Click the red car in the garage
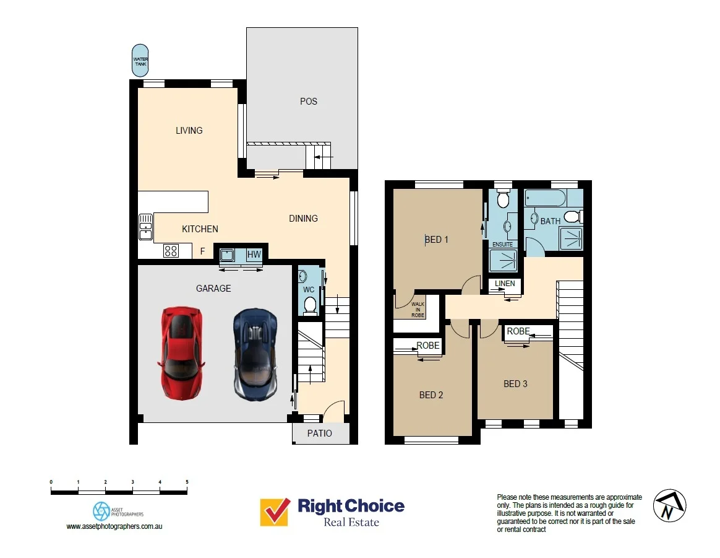click(181, 353)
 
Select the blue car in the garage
click(255, 355)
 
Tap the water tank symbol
click(140, 61)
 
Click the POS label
click(308, 102)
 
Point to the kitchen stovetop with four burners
click(171, 251)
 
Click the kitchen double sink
click(145, 227)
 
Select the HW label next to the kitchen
click(254, 255)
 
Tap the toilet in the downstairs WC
click(311, 304)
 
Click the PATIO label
click(320, 434)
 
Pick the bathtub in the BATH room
click(544, 199)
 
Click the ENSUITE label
click(502, 245)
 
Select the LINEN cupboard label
click(505, 284)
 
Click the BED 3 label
click(515, 384)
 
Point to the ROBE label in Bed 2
click(428, 346)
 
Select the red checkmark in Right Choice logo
click(275, 512)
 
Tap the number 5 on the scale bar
click(187, 481)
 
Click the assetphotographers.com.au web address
click(114, 526)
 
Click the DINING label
click(303, 219)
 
